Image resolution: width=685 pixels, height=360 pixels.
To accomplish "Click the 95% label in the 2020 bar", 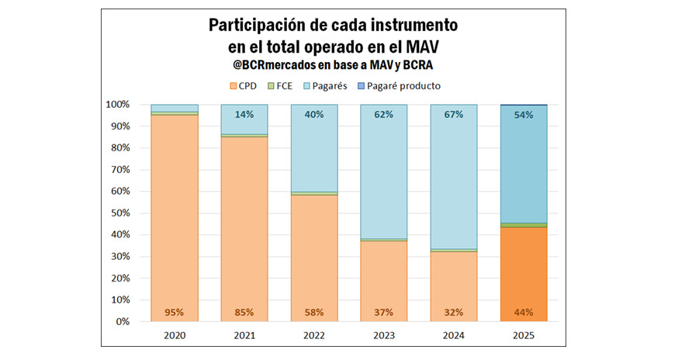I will pyautogui.click(x=175, y=313).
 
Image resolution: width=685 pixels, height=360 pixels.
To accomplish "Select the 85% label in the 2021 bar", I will pyautogui.click(x=244, y=313).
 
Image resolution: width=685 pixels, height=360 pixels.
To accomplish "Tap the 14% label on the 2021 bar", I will pyautogui.click(x=244, y=115).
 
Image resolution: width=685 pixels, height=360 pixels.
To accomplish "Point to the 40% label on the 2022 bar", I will pyautogui.click(x=314, y=115).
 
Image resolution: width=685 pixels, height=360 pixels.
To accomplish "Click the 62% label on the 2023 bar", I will pyautogui.click(x=384, y=115).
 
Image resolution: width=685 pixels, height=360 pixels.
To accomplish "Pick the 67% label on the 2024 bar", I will pyautogui.click(x=454, y=115).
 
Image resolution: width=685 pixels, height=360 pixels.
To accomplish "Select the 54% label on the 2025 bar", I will pyautogui.click(x=524, y=115).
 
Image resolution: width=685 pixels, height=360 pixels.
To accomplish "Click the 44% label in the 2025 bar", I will pyautogui.click(x=524, y=313).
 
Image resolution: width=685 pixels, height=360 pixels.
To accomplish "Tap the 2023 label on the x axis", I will pyautogui.click(x=384, y=335).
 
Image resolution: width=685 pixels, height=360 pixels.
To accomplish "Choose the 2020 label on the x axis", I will pyautogui.click(x=175, y=335).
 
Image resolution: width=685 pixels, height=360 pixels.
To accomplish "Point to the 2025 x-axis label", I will pyautogui.click(x=524, y=335).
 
